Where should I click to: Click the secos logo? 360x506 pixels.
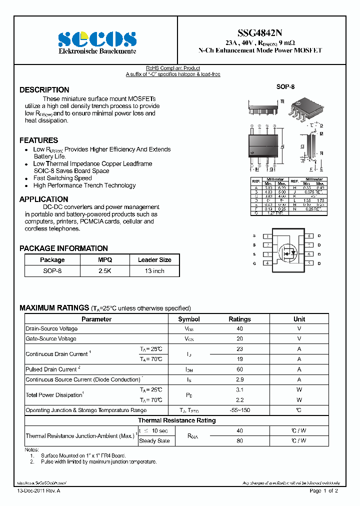tap(97, 39)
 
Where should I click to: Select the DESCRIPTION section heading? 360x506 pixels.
tap(44, 90)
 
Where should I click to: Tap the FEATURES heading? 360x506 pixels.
tap(39, 140)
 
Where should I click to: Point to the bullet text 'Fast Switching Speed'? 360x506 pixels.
tap(62, 178)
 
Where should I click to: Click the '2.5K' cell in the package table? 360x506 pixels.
tap(105, 271)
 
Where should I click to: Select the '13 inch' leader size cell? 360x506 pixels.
tap(154, 271)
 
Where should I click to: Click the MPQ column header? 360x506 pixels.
tap(105, 260)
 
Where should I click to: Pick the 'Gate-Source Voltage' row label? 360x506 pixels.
tap(51, 339)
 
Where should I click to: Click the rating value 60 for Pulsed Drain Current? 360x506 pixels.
tap(239, 369)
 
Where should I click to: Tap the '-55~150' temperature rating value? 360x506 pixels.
tap(239, 410)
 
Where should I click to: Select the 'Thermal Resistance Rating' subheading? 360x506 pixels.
tap(177, 420)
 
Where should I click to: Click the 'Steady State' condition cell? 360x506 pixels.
tap(154, 441)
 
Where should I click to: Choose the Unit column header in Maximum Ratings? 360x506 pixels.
tap(299, 319)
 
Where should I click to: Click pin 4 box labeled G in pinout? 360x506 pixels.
tap(268, 263)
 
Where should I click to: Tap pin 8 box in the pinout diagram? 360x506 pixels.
tap(309, 236)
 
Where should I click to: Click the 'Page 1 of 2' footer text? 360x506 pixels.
tap(324, 490)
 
